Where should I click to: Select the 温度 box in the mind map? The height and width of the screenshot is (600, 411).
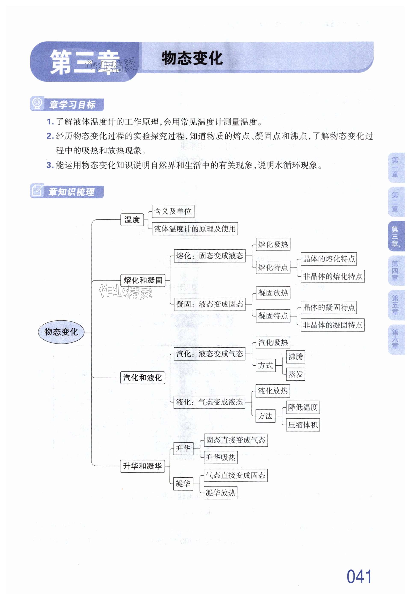point(132,220)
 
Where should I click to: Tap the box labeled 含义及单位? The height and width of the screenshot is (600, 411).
point(173,211)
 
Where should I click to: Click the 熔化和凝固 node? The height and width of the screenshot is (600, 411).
point(143,280)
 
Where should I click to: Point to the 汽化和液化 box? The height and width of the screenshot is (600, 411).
point(143,378)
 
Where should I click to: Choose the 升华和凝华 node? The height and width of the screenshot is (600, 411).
point(142,466)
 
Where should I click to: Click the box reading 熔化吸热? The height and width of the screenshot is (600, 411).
point(273,244)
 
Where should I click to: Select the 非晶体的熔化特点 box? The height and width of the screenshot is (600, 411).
point(333,277)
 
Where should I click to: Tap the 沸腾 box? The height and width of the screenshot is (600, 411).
point(296,357)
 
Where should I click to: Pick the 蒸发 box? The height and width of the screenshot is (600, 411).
point(296,374)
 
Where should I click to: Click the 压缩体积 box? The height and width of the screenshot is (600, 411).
point(303,425)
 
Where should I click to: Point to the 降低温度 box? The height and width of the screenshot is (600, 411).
point(303,407)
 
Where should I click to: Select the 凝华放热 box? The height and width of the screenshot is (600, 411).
point(220,493)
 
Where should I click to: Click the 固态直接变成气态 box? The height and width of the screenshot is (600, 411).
point(236,440)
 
